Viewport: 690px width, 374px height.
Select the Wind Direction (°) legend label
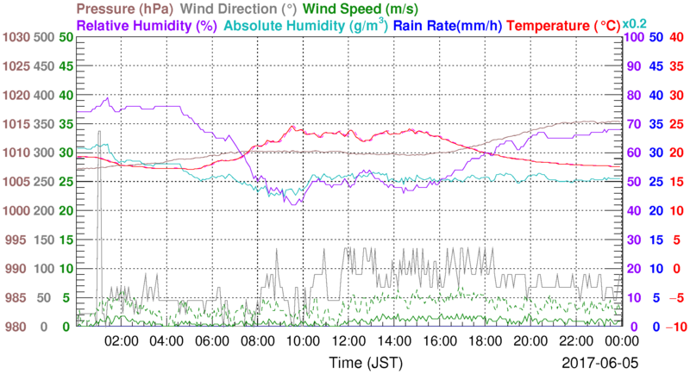[x=238, y=9]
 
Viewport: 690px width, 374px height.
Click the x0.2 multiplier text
[x=636, y=23]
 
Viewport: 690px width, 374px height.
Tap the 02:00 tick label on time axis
[x=121, y=341]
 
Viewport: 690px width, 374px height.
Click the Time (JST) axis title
[x=362, y=361]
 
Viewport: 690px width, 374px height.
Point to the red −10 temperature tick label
[x=674, y=327]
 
